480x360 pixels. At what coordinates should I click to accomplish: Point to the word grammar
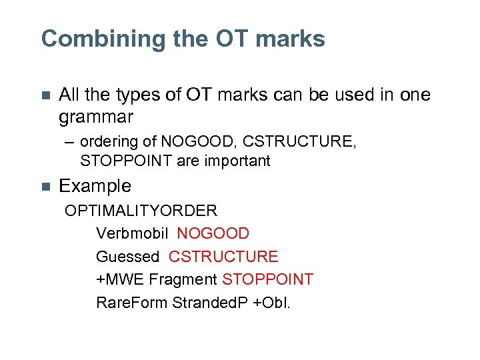tap(96, 117)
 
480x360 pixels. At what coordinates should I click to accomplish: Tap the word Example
tap(95, 186)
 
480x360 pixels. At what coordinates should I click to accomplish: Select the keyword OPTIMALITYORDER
tap(141, 211)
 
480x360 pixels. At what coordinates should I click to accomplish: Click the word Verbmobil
tap(133, 234)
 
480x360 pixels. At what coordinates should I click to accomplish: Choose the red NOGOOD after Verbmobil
tap(213, 234)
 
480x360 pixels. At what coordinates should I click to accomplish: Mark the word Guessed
tap(128, 257)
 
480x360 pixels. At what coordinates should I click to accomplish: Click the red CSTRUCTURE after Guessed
tap(223, 257)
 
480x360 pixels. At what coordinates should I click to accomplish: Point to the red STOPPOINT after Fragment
tap(267, 279)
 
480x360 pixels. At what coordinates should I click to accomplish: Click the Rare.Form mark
tap(132, 302)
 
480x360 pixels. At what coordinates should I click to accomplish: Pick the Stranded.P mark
tap(211, 302)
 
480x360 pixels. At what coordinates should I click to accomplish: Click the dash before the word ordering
tap(69, 142)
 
